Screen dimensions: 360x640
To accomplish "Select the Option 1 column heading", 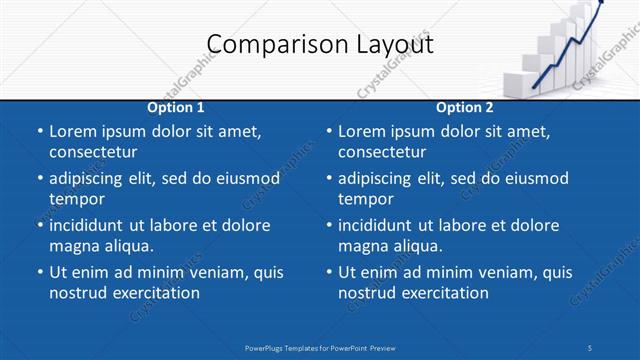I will pyautogui.click(x=176, y=107).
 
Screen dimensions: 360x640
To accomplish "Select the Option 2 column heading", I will pyautogui.click(x=465, y=107).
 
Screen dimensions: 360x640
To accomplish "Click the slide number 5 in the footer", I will pyautogui.click(x=590, y=347).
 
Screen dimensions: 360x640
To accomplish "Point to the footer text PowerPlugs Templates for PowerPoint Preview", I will pyautogui.click(x=320, y=347).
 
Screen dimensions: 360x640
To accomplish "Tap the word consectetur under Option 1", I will pyautogui.click(x=93, y=152).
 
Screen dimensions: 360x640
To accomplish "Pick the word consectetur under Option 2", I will pyautogui.click(x=382, y=152).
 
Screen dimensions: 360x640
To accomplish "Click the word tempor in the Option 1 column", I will pyautogui.click(x=77, y=198).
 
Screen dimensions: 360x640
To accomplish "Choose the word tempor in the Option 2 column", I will pyautogui.click(x=366, y=198).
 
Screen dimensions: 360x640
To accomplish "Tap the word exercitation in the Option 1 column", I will pyautogui.click(x=155, y=293).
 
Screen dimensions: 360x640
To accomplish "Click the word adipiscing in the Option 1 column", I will pyautogui.click(x=92, y=178).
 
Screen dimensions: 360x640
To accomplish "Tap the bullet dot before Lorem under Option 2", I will pyautogui.click(x=329, y=132).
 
